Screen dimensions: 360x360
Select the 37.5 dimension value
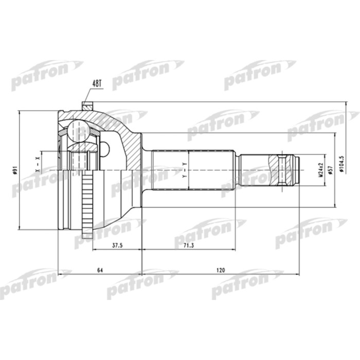(x=117, y=245)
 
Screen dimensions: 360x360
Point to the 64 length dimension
(x=99, y=269)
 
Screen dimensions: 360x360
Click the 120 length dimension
(x=221, y=269)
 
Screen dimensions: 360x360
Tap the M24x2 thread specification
(x=319, y=169)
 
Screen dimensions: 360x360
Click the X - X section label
(x=37, y=163)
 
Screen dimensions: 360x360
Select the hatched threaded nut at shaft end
(x=283, y=170)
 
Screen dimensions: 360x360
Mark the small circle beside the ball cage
(x=105, y=149)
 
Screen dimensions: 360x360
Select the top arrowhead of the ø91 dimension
(x=20, y=112)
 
